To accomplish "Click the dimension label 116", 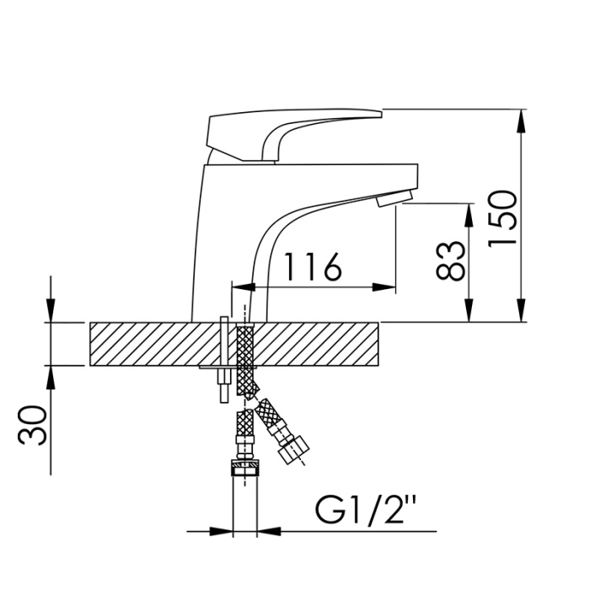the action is pos(313,267).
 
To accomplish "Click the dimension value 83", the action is pos(450,260).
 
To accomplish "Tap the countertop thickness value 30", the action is pos(32,426).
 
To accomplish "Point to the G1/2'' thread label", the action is pos(365,510).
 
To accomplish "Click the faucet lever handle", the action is pos(294,135).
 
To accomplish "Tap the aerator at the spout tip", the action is pos(394,198).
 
